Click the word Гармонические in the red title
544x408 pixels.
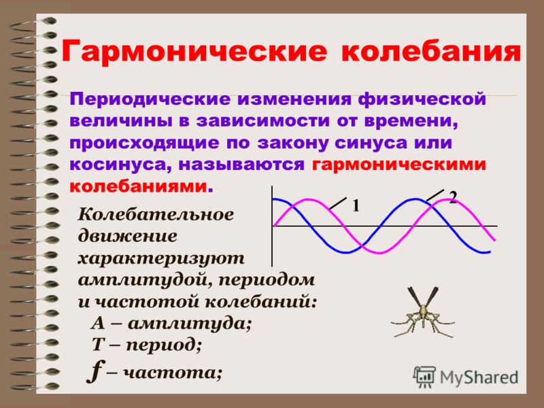point(194,52)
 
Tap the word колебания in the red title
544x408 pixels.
point(431,52)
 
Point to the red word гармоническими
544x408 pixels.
point(399,165)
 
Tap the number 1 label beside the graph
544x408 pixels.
point(356,206)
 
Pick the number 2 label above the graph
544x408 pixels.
point(453,197)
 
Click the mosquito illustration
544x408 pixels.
point(422,312)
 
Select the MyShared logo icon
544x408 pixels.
point(424,377)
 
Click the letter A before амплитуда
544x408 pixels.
point(98,324)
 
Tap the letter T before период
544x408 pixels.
point(99,345)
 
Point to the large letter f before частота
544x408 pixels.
point(95,371)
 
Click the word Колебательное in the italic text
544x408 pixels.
point(156,214)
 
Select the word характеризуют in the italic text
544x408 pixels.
point(161,259)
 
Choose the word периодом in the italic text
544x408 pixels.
point(267,280)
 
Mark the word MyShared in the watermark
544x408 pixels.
point(479,377)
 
